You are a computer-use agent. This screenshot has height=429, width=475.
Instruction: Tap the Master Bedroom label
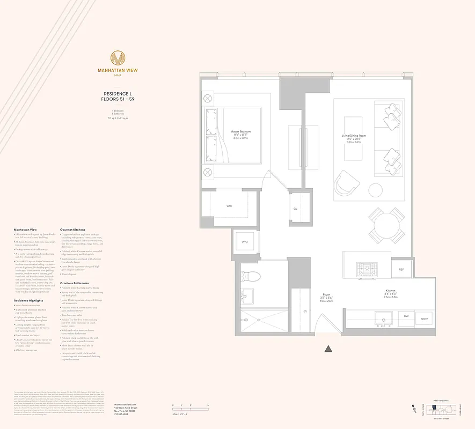pos(240,131)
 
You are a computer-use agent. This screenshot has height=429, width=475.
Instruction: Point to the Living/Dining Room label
pos(354,136)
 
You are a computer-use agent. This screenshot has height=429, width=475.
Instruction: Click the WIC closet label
pos(229,205)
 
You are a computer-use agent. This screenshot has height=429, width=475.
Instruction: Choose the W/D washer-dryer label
pos(245,242)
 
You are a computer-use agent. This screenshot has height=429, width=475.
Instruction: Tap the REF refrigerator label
pos(401,269)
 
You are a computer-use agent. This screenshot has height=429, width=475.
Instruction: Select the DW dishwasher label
pos(406,316)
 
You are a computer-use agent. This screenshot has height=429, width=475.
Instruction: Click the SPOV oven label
pos(424,319)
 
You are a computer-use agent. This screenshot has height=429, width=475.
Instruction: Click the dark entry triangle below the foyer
pos(328,349)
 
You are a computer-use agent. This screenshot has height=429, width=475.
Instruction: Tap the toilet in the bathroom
pos(251,276)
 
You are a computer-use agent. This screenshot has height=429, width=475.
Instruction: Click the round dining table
pos(386,226)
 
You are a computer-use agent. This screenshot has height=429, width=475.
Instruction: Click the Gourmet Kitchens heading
pos(73,230)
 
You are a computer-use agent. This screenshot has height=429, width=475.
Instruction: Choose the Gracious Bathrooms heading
pos(75,283)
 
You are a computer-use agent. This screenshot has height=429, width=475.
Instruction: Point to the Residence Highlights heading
pos(28,301)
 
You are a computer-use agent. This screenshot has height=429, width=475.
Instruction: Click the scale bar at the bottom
pos(191,409)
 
